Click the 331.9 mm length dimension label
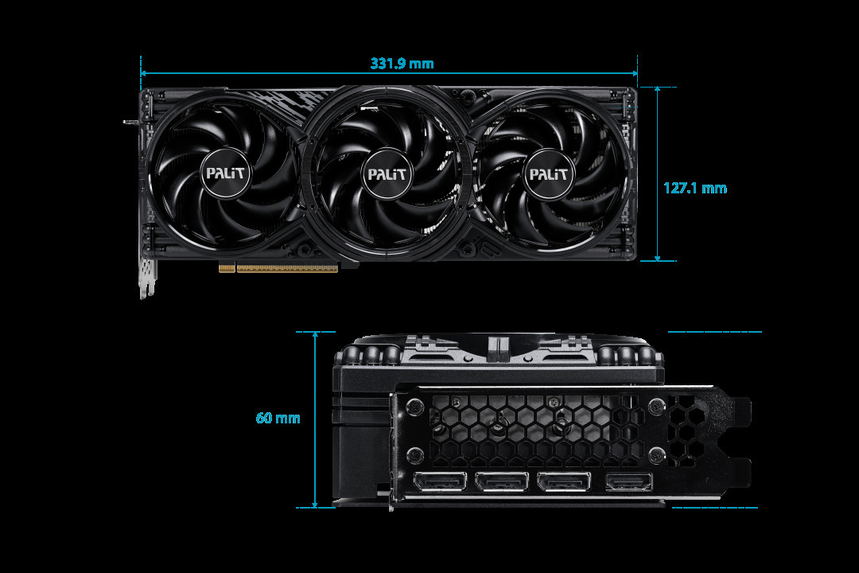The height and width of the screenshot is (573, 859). point(402,64)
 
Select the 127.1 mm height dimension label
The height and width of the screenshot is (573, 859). point(695,188)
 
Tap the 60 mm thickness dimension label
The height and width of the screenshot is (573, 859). point(278,418)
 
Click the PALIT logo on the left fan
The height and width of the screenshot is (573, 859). point(226,173)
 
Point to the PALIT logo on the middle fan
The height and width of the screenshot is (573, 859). point(387,173)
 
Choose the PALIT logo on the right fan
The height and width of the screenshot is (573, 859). point(549,173)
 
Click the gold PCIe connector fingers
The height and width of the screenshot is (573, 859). point(278,268)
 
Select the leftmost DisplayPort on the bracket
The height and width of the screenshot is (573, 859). point(440,481)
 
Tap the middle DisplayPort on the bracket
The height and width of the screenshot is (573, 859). point(502,481)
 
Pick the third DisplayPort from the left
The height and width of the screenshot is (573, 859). point(564,481)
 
